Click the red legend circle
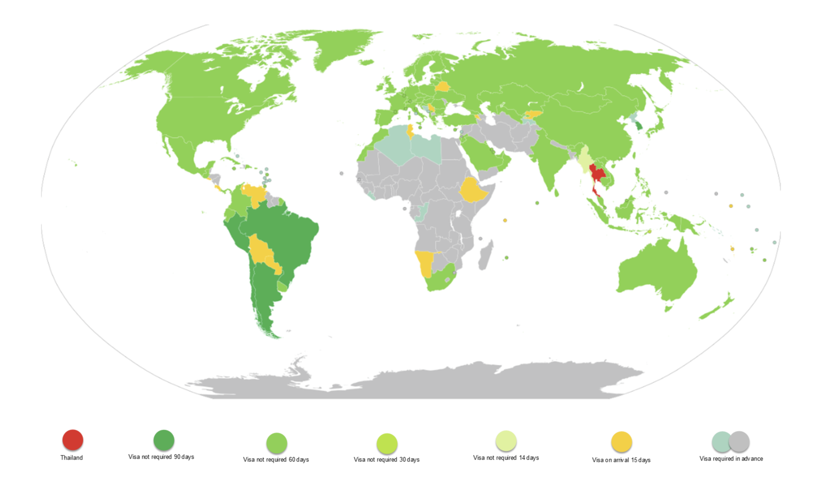point(73,439)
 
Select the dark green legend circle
point(164,440)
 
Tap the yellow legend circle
point(621,442)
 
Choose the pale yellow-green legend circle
point(506,441)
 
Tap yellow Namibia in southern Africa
point(425,262)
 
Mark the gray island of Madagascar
point(485,256)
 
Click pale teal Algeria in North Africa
point(392,143)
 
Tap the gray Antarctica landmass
point(415,382)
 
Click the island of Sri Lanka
point(556,192)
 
